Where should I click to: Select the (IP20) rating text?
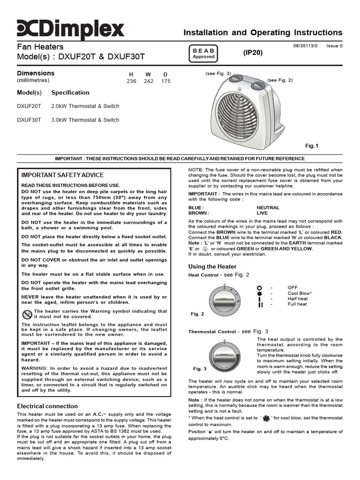(253, 53)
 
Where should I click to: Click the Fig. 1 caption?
(312, 146)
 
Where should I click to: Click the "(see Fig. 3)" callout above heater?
(218, 74)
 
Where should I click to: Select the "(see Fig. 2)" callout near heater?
(280, 80)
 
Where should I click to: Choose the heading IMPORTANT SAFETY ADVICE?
(63, 175)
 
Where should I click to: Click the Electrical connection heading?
(47, 406)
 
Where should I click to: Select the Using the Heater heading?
(212, 267)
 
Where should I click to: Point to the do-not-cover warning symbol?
(27, 314)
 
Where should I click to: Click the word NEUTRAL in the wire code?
(268, 207)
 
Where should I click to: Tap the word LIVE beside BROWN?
(262, 213)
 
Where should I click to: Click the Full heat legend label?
(297, 304)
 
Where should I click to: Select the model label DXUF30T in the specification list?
(29, 120)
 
